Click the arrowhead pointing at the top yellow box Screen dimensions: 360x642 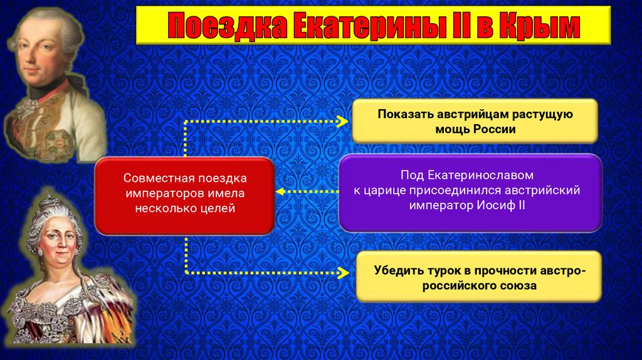(343, 120)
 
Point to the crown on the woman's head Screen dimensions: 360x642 (49, 204)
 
